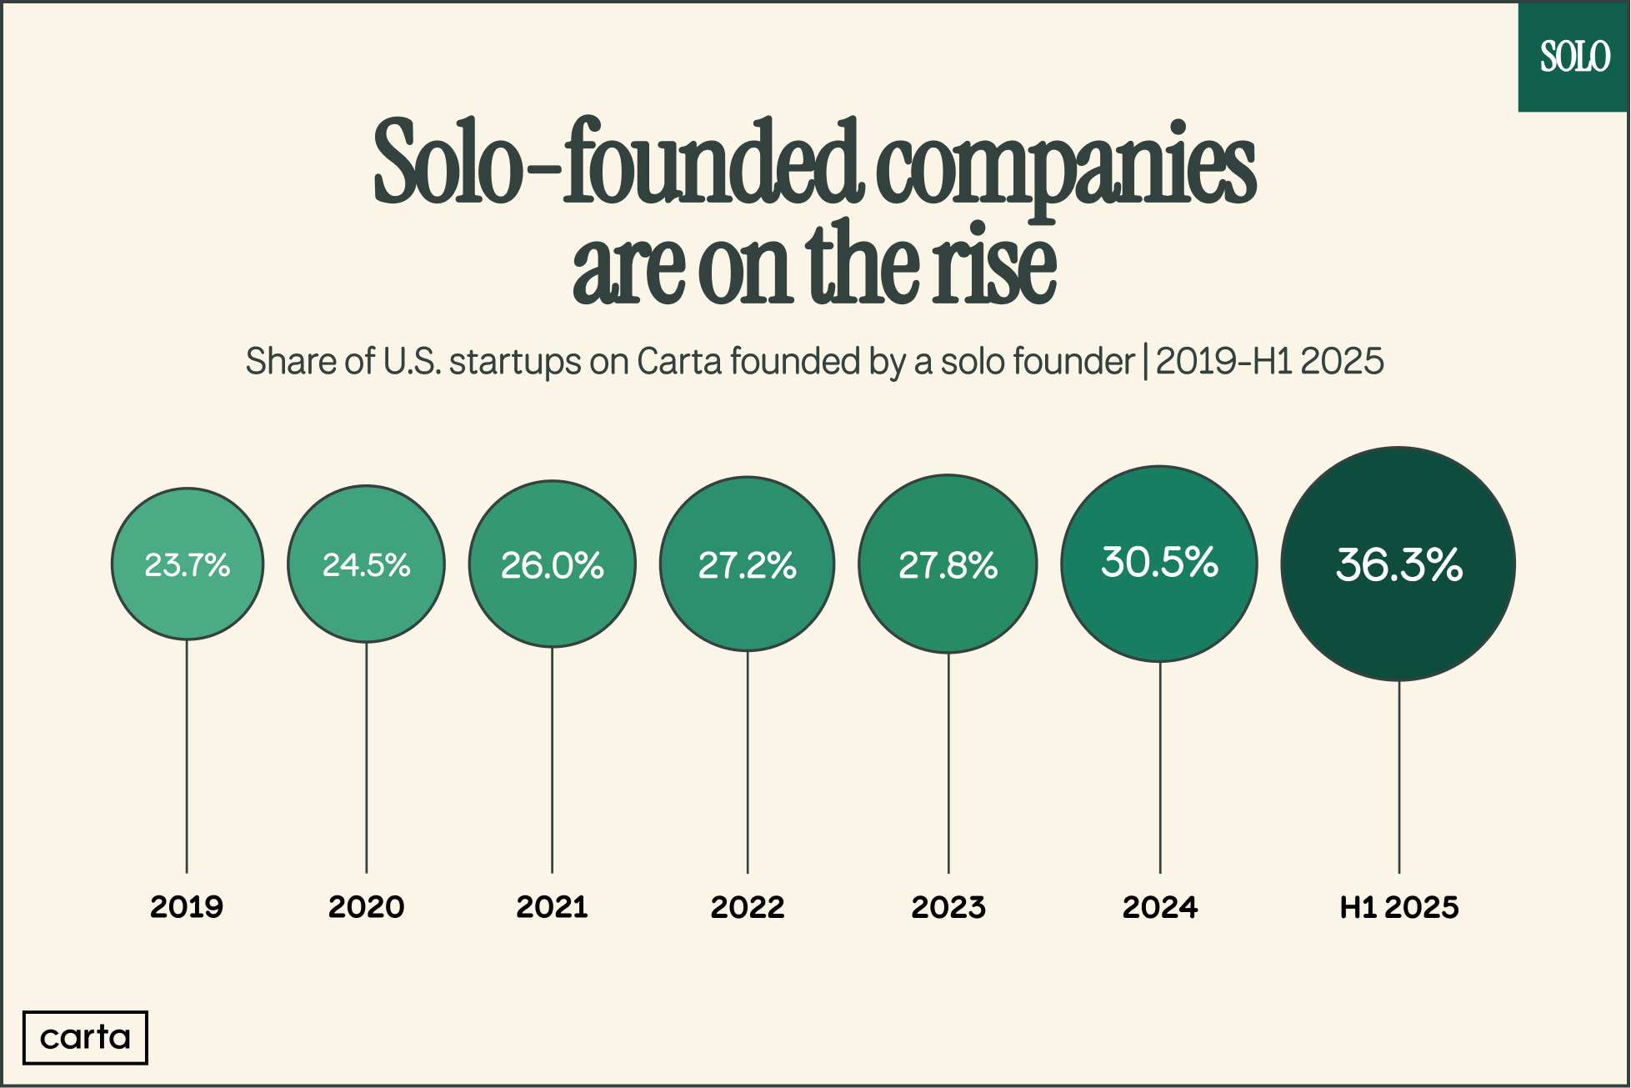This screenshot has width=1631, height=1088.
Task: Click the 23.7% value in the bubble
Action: [x=187, y=565]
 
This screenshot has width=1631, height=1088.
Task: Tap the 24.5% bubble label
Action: [x=366, y=565]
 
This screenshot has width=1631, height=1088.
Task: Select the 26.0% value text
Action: [x=552, y=565]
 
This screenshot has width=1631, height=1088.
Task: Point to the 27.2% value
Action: [x=747, y=565]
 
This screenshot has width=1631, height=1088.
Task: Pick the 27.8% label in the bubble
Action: [x=948, y=565]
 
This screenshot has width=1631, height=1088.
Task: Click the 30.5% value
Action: [x=1159, y=562]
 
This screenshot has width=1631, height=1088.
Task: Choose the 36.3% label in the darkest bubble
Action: [x=1398, y=564]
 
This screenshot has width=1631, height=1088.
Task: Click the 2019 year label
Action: [x=187, y=907]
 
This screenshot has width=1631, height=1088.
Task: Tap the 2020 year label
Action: [x=366, y=907]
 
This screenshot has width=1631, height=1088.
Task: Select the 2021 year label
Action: [x=552, y=907]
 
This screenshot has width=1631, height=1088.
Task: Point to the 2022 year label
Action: [x=747, y=907]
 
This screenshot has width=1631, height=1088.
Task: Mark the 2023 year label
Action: [x=948, y=907]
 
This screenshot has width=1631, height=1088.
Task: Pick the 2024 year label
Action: [x=1159, y=907]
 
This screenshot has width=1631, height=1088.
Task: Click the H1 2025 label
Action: [x=1398, y=907]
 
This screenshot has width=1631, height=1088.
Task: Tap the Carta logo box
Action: [x=85, y=1038]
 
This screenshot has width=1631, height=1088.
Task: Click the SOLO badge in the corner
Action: [x=1574, y=57]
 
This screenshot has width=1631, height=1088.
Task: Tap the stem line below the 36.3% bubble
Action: [x=1398, y=775]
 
